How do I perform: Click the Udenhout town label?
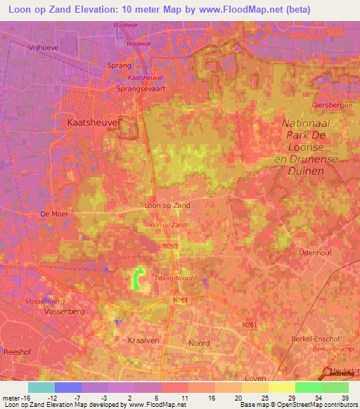pos(314,252)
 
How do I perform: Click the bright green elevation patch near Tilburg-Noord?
pos(138,279)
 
